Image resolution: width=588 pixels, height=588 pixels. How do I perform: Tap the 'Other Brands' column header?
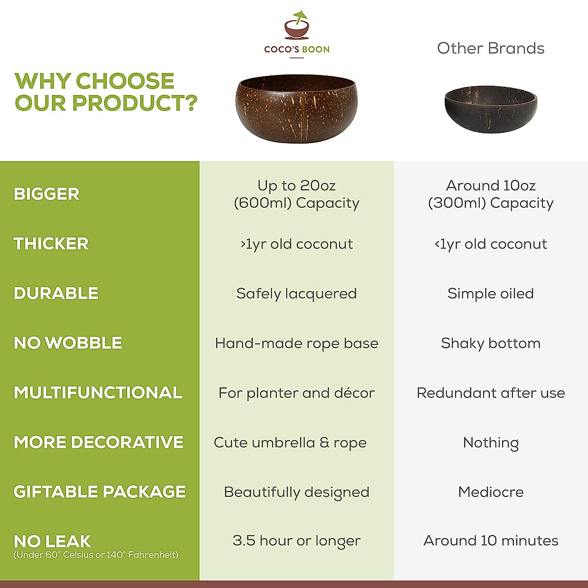click(x=490, y=49)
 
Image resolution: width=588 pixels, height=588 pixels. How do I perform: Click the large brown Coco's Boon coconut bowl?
click(x=296, y=109)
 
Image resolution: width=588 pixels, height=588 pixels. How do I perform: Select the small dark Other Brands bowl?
click(x=490, y=109)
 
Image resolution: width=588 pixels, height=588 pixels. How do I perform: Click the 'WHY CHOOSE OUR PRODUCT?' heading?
click(x=105, y=92)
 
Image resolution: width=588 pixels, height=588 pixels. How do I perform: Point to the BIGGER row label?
click(x=47, y=194)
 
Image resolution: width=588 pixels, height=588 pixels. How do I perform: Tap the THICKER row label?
click(x=51, y=244)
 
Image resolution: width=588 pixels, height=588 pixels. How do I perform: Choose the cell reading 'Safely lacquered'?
click(x=296, y=294)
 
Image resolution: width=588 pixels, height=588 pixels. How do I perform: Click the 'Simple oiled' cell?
click(x=490, y=294)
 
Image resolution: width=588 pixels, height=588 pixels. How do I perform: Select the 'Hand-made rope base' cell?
click(x=296, y=343)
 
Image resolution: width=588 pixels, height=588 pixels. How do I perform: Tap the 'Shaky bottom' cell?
click(x=490, y=343)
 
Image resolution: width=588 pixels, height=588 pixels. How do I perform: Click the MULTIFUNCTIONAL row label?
click(x=98, y=392)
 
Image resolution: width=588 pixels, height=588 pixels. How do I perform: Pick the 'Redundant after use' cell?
click(x=490, y=393)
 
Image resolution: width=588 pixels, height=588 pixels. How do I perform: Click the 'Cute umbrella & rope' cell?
click(x=290, y=442)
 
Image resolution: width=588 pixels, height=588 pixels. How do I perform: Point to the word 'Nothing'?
click(x=490, y=443)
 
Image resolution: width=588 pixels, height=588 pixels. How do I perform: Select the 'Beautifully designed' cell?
click(x=296, y=492)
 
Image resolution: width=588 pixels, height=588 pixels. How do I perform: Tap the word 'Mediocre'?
click(x=490, y=492)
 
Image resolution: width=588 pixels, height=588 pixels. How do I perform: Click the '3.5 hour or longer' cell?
click(x=296, y=541)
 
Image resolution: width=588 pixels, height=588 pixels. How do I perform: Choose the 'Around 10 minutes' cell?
click(x=490, y=541)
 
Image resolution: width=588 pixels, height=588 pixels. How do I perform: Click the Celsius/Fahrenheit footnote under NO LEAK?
click(x=96, y=555)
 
